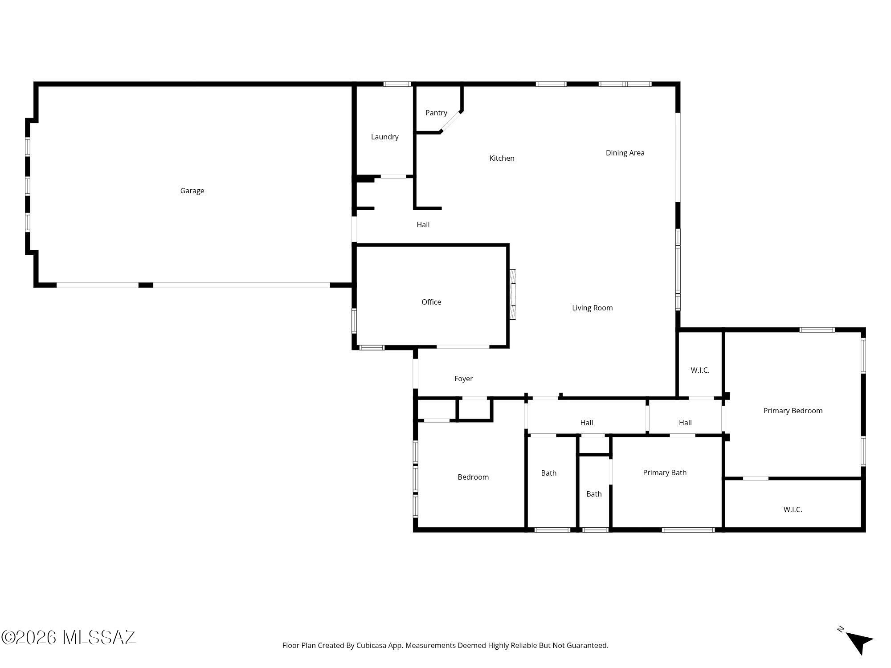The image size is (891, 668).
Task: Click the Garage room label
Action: pyautogui.click(x=192, y=191)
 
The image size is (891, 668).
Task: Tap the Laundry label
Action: pyautogui.click(x=384, y=137)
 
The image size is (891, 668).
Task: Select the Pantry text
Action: pyautogui.click(x=436, y=113)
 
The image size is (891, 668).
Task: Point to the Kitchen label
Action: pyautogui.click(x=502, y=158)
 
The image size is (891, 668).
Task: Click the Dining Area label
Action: pyautogui.click(x=625, y=153)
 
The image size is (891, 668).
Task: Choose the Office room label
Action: pyautogui.click(x=431, y=302)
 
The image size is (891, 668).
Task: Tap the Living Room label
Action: pyautogui.click(x=592, y=308)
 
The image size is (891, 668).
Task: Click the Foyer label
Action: pyautogui.click(x=463, y=379)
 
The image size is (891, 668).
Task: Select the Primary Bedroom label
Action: pyautogui.click(x=793, y=411)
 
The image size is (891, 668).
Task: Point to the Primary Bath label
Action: pyautogui.click(x=665, y=473)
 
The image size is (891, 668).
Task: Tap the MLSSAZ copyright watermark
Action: pyautogui.click(x=69, y=638)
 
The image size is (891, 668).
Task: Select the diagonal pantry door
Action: pyautogui.click(x=450, y=122)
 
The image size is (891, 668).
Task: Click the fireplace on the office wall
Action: pyautogui.click(x=513, y=294)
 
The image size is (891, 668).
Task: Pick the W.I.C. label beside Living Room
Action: pyautogui.click(x=700, y=371)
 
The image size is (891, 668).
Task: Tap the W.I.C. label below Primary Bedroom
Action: pyautogui.click(x=793, y=510)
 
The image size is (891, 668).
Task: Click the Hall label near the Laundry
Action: pyautogui.click(x=423, y=225)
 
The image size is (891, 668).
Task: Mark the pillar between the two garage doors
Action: pyautogui.click(x=146, y=285)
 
